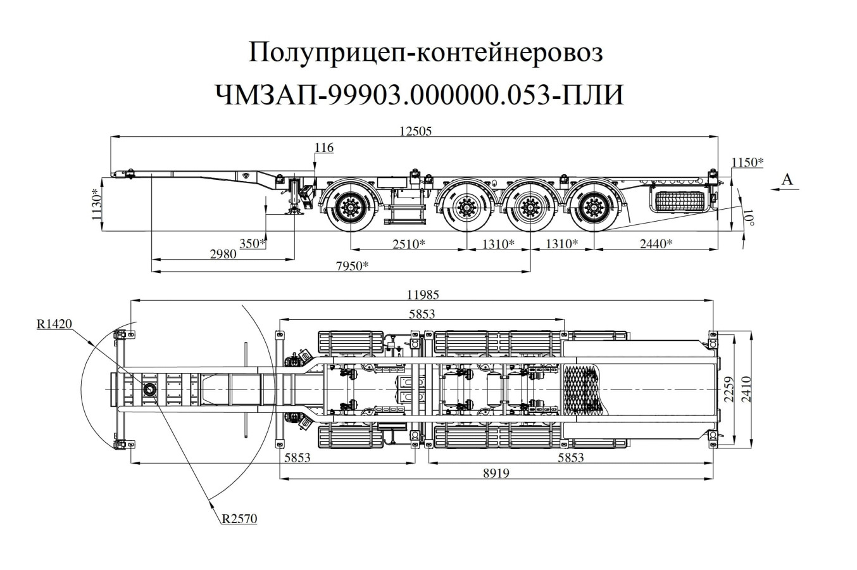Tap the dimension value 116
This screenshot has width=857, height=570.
[x=323, y=148]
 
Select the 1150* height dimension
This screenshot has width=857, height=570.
[x=747, y=162]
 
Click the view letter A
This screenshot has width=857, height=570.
[x=787, y=179]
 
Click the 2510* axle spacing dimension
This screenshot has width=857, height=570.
[x=408, y=243]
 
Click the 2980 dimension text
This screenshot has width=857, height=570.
[x=223, y=254]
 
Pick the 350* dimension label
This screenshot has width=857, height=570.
[x=253, y=243]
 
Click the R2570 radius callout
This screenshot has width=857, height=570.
[x=239, y=519]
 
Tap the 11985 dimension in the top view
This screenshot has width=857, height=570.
[x=423, y=294]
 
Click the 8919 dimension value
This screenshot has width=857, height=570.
[x=496, y=473]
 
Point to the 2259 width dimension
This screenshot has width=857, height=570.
[x=728, y=389]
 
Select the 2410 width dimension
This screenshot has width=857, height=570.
[x=746, y=389]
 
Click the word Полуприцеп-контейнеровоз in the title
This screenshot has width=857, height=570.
[x=427, y=53]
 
